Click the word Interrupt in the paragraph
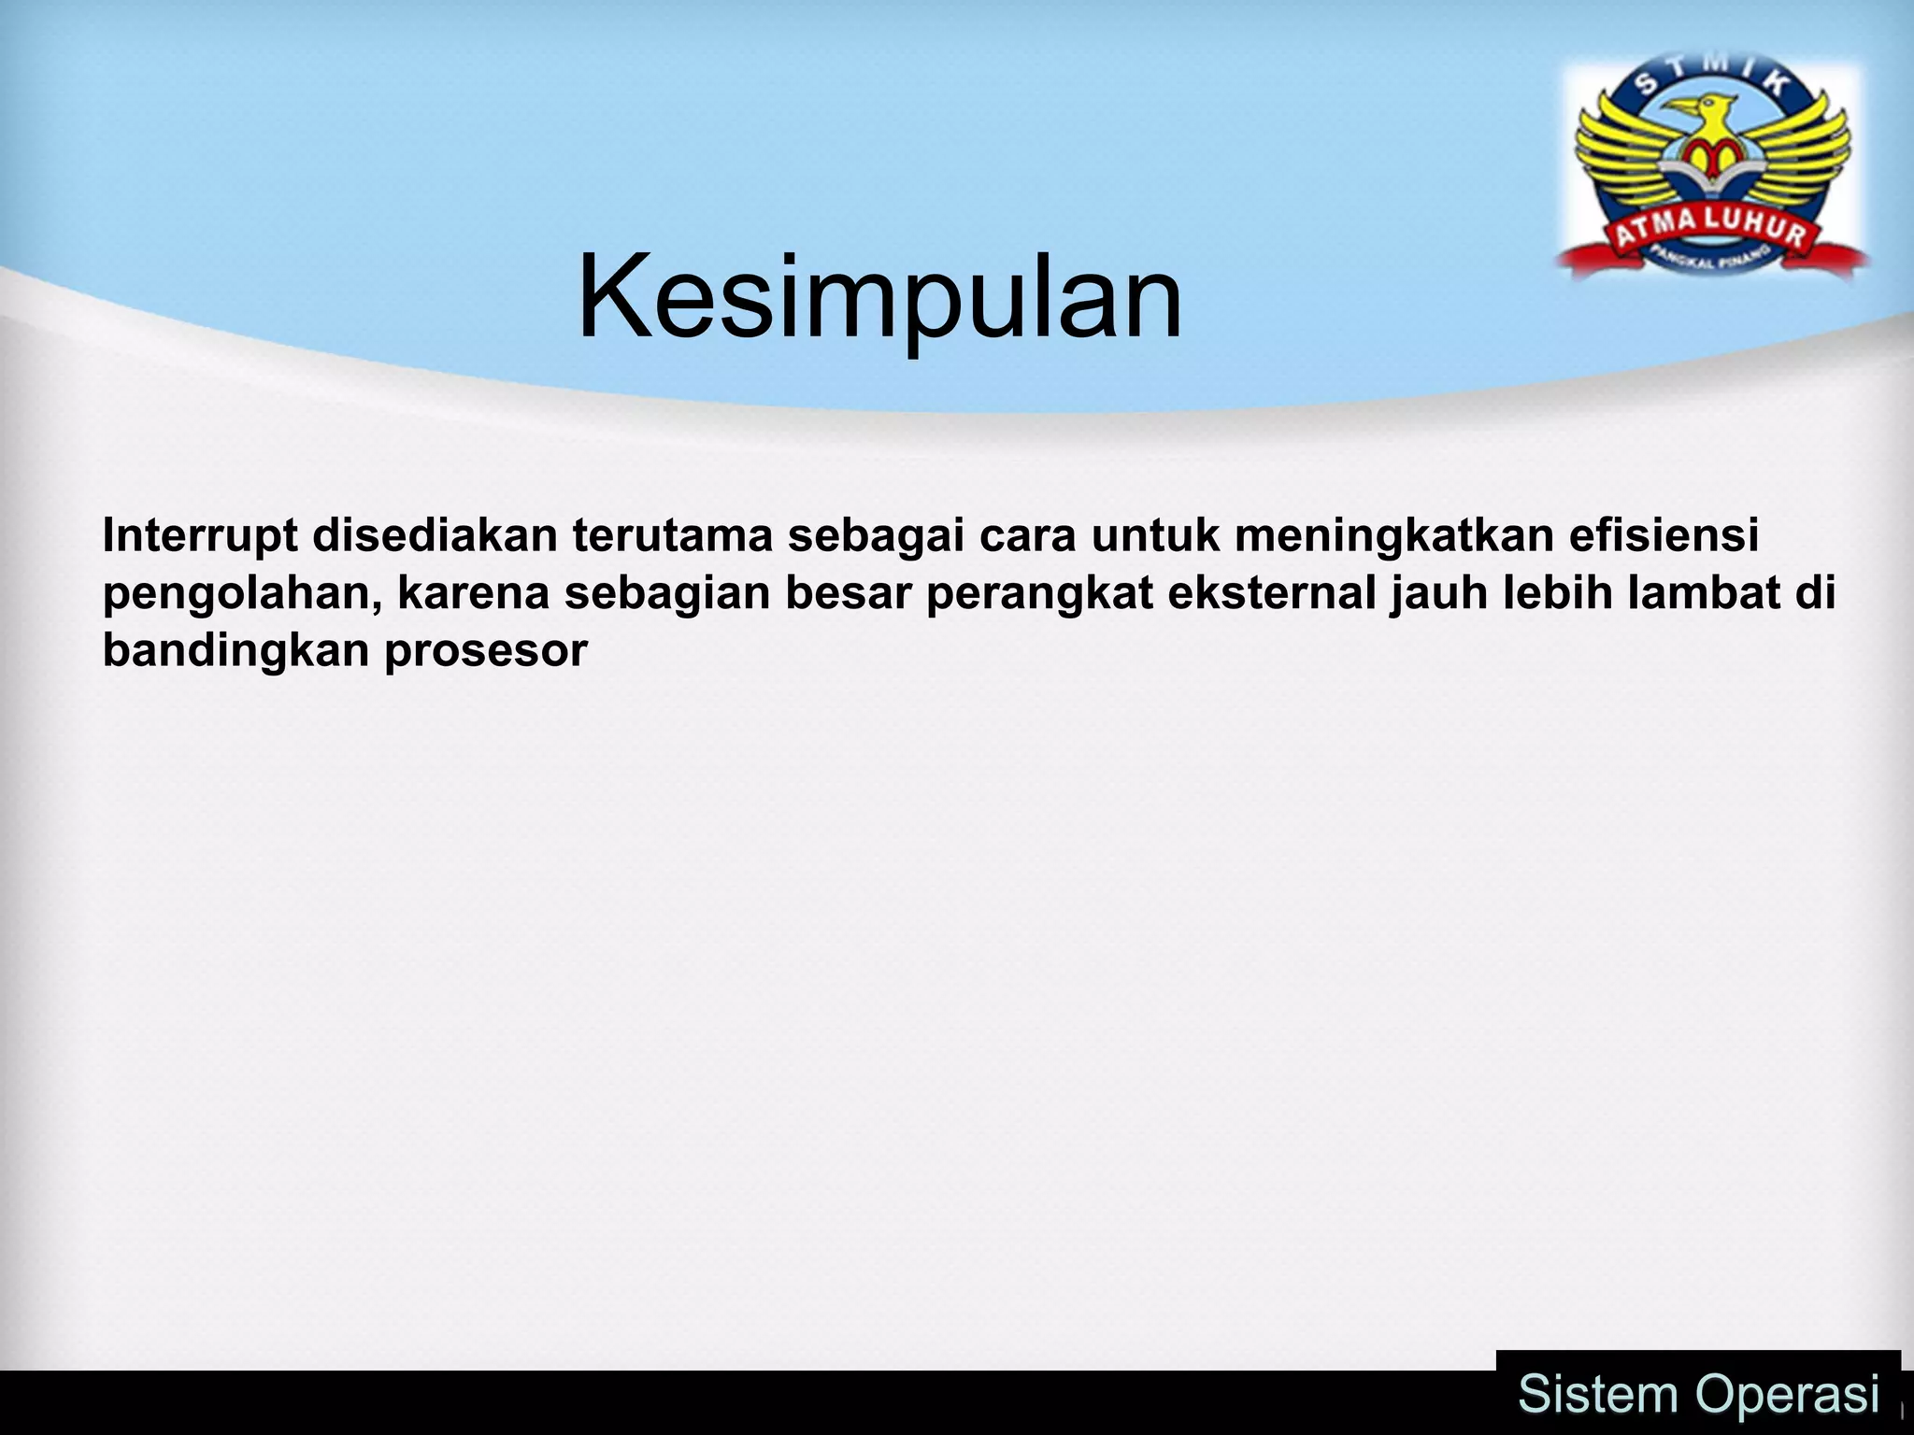pyautogui.click(x=200, y=536)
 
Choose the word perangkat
pyautogui.click(x=1039, y=594)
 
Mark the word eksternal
pyautogui.click(x=1272, y=594)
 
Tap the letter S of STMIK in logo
pyautogui.click(x=1647, y=86)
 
